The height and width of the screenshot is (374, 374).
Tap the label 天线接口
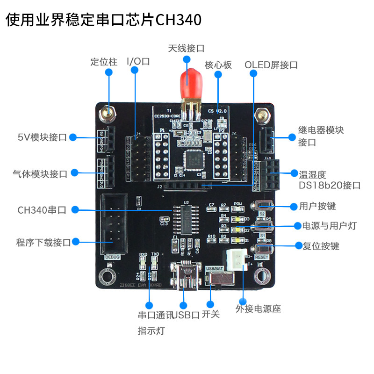(186, 48)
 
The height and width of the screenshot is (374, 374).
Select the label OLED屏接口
(271, 65)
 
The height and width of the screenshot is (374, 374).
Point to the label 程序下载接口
(43, 242)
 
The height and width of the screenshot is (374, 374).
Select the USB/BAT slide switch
(220, 280)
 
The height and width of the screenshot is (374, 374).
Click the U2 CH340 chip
(187, 219)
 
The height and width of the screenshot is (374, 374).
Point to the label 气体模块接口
(40, 174)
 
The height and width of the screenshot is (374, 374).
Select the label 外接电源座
(258, 309)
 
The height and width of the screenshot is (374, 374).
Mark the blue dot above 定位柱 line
(109, 72)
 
